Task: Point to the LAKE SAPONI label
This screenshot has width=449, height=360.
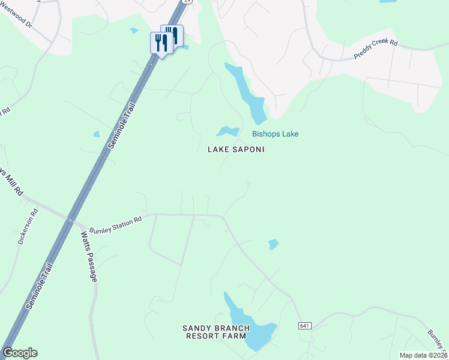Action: tap(236, 149)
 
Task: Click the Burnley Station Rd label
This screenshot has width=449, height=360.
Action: tap(115, 224)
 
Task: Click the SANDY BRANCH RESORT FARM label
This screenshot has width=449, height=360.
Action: tap(215, 332)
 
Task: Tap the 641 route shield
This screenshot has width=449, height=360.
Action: tap(305, 326)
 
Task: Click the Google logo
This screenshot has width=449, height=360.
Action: tap(20, 353)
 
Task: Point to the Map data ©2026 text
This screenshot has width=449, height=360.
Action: tap(423, 355)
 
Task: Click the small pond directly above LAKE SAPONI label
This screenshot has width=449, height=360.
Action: tap(228, 131)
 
